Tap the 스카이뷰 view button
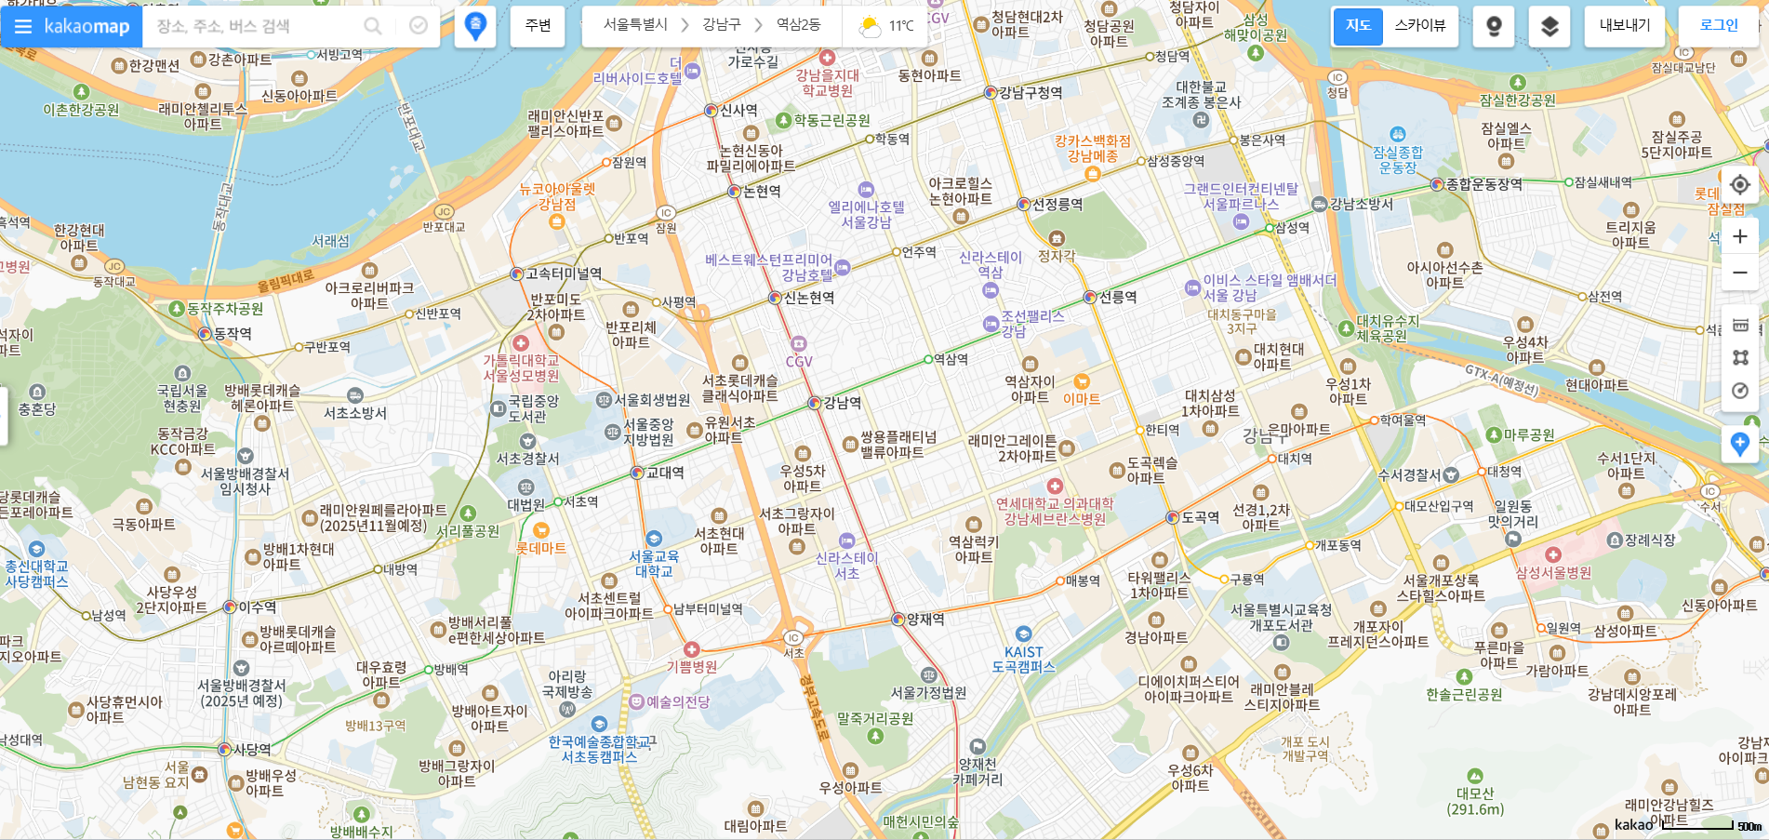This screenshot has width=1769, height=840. [1419, 26]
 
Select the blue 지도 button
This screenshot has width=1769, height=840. [1358, 26]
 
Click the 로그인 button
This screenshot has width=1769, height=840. [1718, 26]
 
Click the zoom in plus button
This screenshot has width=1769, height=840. [1739, 236]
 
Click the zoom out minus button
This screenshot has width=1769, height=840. [1739, 273]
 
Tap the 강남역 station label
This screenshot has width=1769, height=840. [842, 403]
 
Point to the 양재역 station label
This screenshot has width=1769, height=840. [924, 619]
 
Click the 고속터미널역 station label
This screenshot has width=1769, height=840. [563, 273]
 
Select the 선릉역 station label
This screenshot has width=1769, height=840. [1117, 297]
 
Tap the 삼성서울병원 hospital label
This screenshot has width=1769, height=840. [1553, 572]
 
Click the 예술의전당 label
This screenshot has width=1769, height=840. [677, 701]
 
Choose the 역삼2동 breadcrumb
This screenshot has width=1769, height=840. [798, 25]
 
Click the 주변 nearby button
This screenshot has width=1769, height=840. [538, 26]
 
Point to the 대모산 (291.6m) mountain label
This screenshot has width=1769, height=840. [1474, 800]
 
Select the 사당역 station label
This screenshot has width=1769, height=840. [251, 749]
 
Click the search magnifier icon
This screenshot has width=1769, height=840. [373, 26]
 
